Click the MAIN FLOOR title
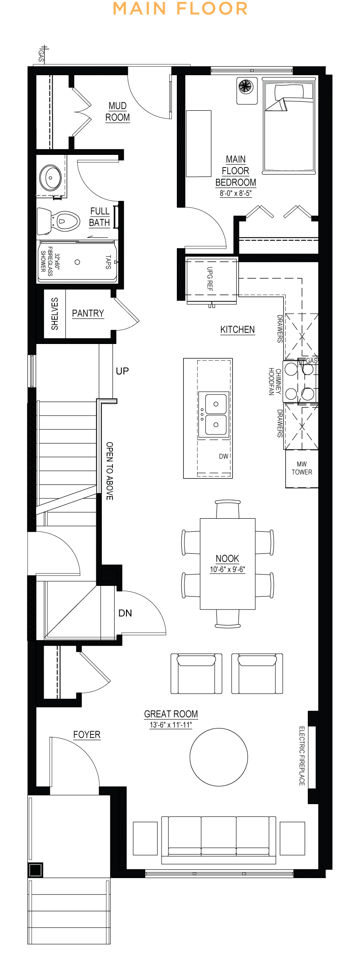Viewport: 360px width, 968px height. (180, 9)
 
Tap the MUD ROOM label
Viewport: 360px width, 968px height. (117, 112)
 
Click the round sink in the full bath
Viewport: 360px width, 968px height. (51, 178)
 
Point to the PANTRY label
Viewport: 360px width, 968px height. (88, 313)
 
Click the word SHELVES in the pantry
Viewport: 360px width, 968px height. (55, 314)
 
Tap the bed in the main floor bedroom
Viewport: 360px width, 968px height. (288, 127)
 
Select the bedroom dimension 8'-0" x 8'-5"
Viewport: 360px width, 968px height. (235, 194)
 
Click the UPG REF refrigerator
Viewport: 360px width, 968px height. (211, 280)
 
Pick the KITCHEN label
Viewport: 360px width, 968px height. (238, 330)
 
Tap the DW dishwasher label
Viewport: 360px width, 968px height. (224, 457)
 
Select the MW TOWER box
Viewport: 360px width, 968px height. (301, 468)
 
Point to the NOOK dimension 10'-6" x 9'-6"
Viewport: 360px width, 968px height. (227, 570)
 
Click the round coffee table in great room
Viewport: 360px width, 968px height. (219, 757)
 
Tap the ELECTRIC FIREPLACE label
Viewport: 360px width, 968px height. (302, 756)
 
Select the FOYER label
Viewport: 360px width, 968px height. (87, 735)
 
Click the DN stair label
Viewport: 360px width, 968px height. (125, 613)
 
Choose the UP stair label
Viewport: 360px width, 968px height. (122, 371)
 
